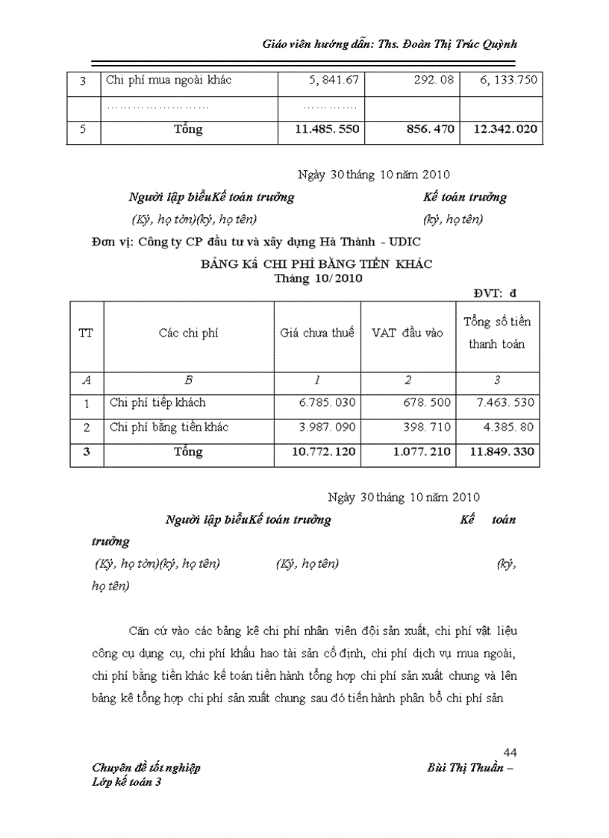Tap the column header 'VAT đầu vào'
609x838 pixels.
pyautogui.click(x=407, y=334)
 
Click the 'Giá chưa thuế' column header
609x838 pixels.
pyautogui.click(x=317, y=334)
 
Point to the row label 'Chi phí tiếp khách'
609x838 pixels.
pyautogui.click(x=157, y=403)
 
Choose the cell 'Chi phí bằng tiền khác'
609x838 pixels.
pyautogui.click(x=169, y=428)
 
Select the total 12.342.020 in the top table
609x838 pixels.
pyautogui.click(x=505, y=129)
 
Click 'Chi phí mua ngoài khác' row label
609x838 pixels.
pyautogui.click(x=169, y=80)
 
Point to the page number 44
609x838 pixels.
pyautogui.click(x=510, y=751)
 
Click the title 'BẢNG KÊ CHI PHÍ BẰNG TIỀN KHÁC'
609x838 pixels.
pyautogui.click(x=316, y=264)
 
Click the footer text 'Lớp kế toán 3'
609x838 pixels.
pyautogui.click(x=126, y=782)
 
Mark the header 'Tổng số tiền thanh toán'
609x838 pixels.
pyautogui.click(x=497, y=333)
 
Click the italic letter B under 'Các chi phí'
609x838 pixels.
pyautogui.click(x=188, y=381)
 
